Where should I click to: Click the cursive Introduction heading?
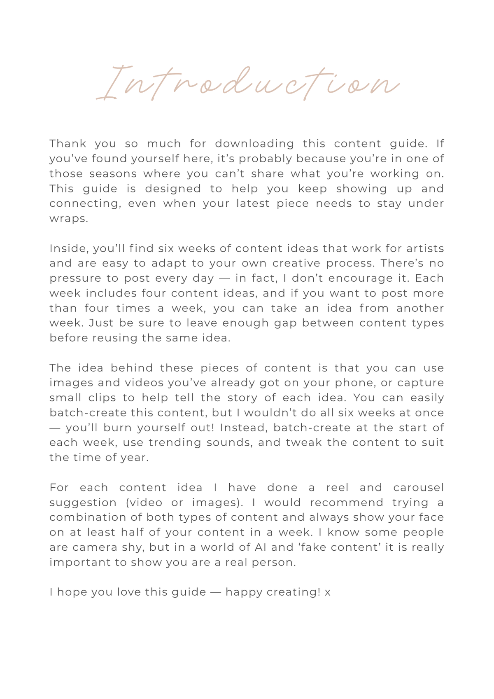[247, 84]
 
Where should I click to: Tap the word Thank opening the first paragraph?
[68, 143]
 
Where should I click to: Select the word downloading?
[254, 144]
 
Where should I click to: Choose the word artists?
[425, 248]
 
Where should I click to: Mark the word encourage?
[362, 278]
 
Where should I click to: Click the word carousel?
[418, 487]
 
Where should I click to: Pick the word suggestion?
[83, 503]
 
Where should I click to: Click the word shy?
[132, 547]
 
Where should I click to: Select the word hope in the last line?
[72, 592]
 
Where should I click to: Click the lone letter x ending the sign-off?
[328, 592]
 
